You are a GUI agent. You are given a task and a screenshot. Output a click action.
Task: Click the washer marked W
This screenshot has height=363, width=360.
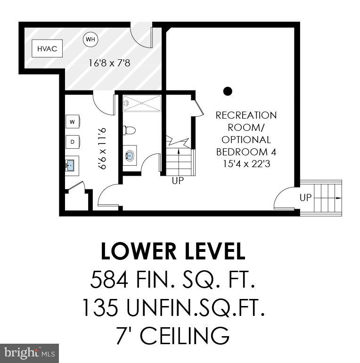click(73, 122)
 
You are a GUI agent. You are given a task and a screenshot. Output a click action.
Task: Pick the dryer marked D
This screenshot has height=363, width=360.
click(73, 141)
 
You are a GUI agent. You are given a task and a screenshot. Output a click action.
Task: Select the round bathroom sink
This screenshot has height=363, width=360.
click(131, 155)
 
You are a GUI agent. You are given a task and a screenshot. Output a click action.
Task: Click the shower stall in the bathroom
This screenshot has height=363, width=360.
click(142, 103)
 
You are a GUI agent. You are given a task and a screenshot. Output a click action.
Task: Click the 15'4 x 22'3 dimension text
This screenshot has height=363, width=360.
click(246, 164)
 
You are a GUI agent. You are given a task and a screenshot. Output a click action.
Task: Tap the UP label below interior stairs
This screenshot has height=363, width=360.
click(178, 181)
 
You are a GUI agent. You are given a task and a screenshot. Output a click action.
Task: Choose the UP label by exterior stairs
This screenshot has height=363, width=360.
click(306, 198)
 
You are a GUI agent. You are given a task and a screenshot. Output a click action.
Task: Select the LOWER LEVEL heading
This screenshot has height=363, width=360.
click(173, 252)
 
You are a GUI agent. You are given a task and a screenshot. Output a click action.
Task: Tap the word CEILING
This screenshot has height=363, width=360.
click(186, 336)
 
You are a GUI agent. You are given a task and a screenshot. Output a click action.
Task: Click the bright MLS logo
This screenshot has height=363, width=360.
click(29, 353)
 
